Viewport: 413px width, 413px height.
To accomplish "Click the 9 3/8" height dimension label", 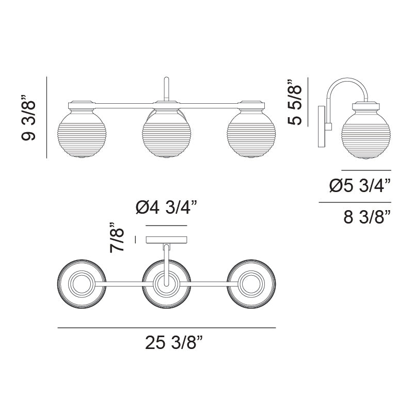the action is coord(28,118).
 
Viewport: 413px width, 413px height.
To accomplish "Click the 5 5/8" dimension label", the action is coord(294,102).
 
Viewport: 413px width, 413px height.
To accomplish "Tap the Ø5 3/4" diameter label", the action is coord(360,186).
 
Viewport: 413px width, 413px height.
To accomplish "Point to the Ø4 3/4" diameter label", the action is coord(166,208).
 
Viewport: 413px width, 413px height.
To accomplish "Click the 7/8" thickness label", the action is coord(117,237).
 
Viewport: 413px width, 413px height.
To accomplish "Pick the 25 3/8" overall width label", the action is coord(174,343).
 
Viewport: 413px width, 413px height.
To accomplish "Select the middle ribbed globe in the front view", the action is coord(166,136).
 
